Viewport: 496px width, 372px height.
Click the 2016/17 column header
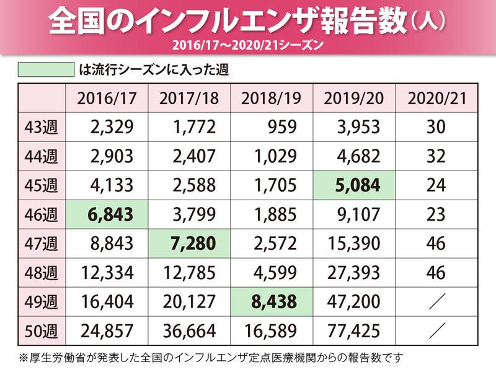107,98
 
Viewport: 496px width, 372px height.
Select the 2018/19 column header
272,98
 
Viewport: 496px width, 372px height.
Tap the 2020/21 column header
436,98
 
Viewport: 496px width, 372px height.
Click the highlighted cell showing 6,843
107,214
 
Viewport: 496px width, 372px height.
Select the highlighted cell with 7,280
189,243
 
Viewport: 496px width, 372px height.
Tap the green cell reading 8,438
272,302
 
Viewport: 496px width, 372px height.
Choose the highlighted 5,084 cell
354,185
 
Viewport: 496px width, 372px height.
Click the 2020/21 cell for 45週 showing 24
436,185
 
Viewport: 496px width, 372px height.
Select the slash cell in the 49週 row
436,302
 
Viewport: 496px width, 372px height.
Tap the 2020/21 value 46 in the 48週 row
436,273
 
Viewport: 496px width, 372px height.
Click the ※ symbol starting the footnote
24,358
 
